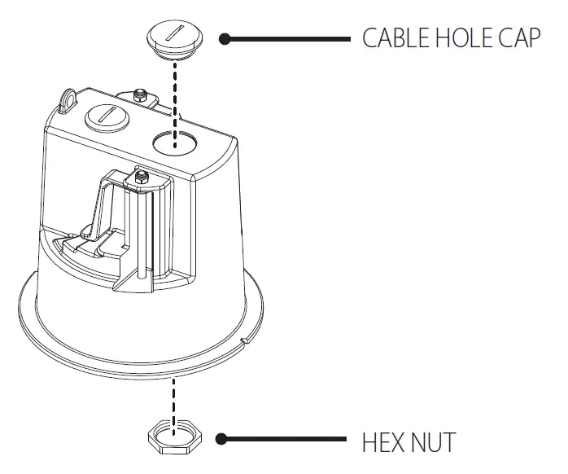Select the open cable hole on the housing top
click(x=174, y=141)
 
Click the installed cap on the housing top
click(x=105, y=116)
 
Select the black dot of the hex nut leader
click(x=221, y=440)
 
